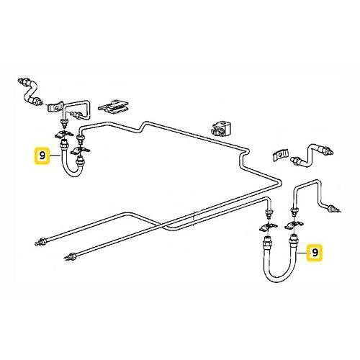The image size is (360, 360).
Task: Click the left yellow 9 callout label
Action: (42, 155)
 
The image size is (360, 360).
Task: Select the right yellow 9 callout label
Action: (314, 253)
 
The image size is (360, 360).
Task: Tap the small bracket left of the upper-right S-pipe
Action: (282, 156)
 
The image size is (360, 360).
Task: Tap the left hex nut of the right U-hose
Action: (267, 238)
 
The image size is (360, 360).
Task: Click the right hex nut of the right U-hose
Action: (294, 238)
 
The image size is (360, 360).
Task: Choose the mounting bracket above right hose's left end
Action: (264, 227)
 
